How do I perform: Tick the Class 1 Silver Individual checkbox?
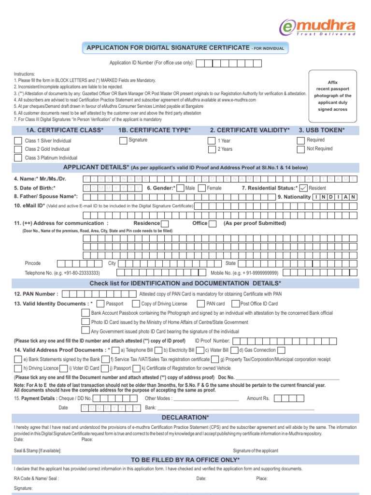18,141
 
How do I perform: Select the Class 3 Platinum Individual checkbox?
18,158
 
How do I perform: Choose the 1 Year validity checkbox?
212,141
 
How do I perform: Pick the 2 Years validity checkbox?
212,149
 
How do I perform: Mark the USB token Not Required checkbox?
302,149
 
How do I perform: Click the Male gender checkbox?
180,188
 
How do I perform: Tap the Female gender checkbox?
202,188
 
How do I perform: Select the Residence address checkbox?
165,223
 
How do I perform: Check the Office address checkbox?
213,223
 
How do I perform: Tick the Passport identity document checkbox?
100,304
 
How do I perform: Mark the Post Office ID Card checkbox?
236,304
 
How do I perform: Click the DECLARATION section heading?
185,417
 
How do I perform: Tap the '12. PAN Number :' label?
36,293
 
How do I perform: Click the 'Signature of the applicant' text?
256,451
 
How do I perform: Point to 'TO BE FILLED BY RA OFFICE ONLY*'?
185,460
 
